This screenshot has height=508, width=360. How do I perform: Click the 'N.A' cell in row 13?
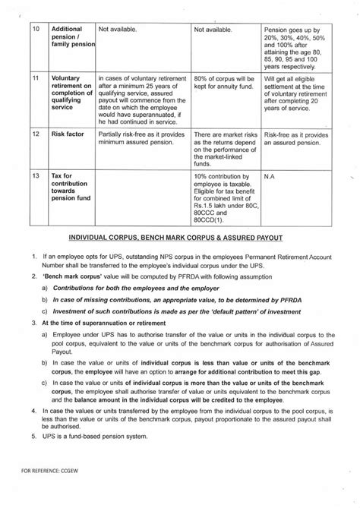click(x=269, y=176)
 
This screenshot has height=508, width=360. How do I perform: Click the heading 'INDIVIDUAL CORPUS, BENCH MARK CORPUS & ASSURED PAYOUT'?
click(x=179, y=237)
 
